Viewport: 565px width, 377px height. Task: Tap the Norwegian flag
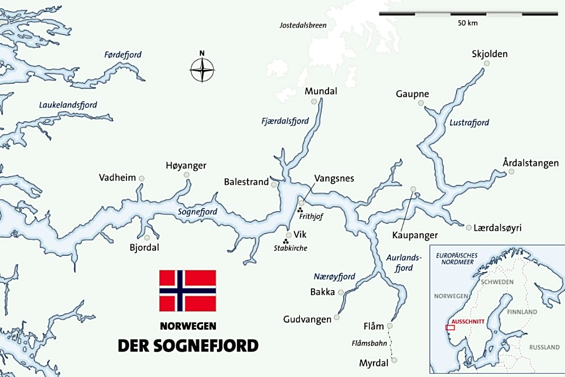click(188, 291)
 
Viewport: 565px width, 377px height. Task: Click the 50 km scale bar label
click(468, 23)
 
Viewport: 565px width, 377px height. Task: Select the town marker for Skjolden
click(487, 64)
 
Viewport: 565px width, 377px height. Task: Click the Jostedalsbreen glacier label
click(303, 25)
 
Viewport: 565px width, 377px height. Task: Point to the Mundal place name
click(321, 91)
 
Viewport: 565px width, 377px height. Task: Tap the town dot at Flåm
click(389, 326)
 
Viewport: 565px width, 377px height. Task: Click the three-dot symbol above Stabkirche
click(286, 242)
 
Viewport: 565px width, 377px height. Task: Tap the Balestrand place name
click(246, 182)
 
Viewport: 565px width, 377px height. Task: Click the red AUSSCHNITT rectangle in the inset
click(450, 327)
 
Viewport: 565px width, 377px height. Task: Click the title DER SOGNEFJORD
click(188, 345)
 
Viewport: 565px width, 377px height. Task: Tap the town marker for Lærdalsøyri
click(469, 228)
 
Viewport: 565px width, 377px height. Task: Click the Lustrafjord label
click(469, 122)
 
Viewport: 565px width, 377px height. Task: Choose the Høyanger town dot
click(186, 175)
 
